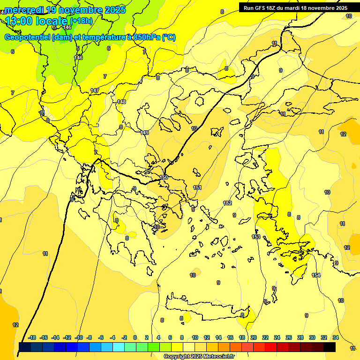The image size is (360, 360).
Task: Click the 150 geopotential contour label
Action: (x=164, y=177)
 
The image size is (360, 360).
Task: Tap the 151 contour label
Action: (x=197, y=187)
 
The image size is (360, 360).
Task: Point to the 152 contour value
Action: (x=227, y=203)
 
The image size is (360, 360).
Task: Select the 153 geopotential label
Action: (x=256, y=237)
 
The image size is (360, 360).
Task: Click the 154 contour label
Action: (x=316, y=275)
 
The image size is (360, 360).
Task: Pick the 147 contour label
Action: (x=95, y=90)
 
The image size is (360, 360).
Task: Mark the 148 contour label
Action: (x=122, y=102)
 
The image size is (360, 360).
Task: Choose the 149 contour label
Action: (x=145, y=133)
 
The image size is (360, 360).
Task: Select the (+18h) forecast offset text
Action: (x=81, y=21)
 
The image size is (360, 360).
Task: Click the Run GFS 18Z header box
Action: (x=295, y=7)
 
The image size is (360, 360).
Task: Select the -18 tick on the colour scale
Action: (x=32, y=337)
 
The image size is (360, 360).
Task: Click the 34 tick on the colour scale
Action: (x=336, y=337)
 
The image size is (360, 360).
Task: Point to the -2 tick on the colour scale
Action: (x=124, y=337)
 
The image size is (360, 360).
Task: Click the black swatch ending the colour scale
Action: (x=330, y=347)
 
